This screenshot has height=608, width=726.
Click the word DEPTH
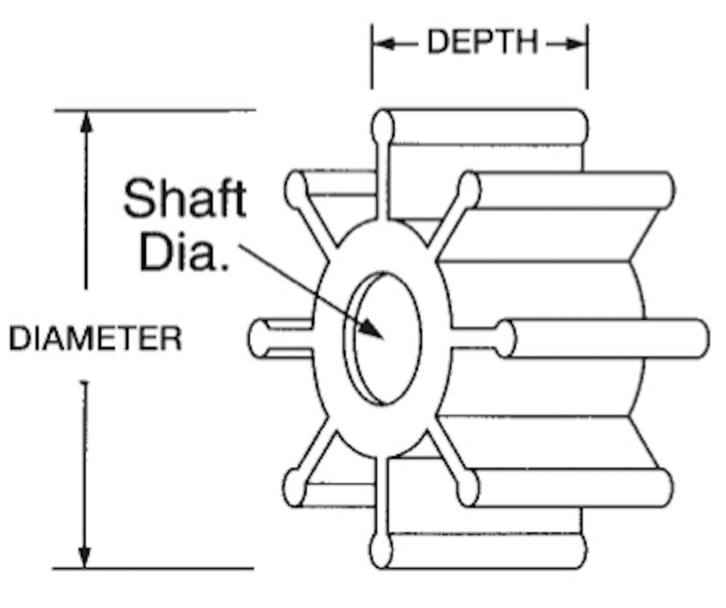click(x=482, y=41)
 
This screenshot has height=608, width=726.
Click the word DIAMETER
click(x=96, y=338)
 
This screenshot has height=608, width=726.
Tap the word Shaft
click(x=184, y=199)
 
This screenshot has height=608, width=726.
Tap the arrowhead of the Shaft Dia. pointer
click(x=372, y=328)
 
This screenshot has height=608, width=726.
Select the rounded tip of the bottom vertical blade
click(x=381, y=551)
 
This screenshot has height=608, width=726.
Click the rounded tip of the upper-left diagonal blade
click(x=295, y=189)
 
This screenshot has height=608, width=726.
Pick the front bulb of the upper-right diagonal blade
click(x=468, y=191)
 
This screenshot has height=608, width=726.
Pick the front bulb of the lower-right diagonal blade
click(x=467, y=488)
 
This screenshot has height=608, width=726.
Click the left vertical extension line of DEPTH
click(x=371, y=56)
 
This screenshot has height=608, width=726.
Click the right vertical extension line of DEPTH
click(x=587, y=56)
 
